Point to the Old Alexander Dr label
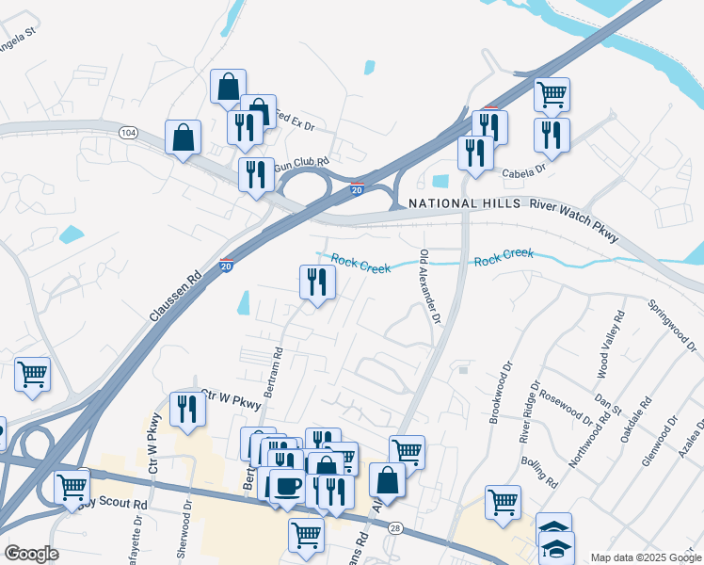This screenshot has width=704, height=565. pos(430,286)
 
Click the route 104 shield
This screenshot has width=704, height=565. pos(128,134)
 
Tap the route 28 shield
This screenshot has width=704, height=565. pos(395,527)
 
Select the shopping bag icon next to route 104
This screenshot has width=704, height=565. pos(183,137)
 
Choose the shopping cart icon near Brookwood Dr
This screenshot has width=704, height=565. pos(503,501)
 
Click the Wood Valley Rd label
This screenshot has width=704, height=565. pos(617,343)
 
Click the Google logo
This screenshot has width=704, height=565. pos(31,554)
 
